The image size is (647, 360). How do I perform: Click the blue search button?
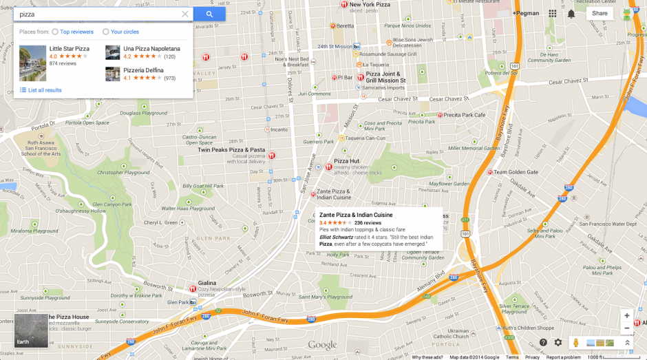pyautogui.click(x=209, y=14)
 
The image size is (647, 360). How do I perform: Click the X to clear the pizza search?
pyautogui.click(x=184, y=14)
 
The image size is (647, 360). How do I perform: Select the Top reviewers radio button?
pyautogui.click(x=55, y=32)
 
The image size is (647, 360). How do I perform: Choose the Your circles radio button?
pyautogui.click(x=106, y=32)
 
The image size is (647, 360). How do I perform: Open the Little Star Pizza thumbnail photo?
pyautogui.click(x=32, y=63)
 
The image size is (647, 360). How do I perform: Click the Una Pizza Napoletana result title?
pyautogui.click(x=151, y=49)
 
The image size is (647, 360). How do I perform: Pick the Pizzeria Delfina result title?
pyautogui.click(x=143, y=70)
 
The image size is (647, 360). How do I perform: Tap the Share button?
pyautogui.click(x=600, y=13)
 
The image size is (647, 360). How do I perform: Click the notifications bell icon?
pyautogui.click(x=571, y=14)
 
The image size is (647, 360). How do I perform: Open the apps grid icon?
pyautogui.click(x=553, y=13)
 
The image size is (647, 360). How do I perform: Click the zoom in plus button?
pyautogui.click(x=626, y=315)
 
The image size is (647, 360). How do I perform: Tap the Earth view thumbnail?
pyautogui.click(x=32, y=330)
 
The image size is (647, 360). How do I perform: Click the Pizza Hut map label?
pyautogui.click(x=346, y=161)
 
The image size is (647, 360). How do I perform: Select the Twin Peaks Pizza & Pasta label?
pyautogui.click(x=231, y=149)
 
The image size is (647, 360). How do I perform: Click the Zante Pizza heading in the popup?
pyautogui.click(x=356, y=215)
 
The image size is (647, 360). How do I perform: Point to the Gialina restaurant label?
pyautogui.click(x=206, y=283)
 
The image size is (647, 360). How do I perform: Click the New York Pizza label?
pyautogui.click(x=370, y=5)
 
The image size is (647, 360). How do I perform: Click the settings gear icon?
pyautogui.click(x=558, y=342)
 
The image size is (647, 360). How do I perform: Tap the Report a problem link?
pyautogui.click(x=563, y=357)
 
